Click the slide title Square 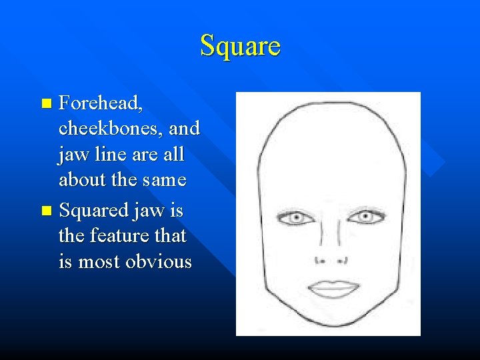point(240,46)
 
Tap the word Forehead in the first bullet point(101,103)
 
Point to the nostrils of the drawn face point(329,259)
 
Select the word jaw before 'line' point(72,155)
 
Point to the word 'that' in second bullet point(171,236)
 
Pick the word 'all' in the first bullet point(175,155)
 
